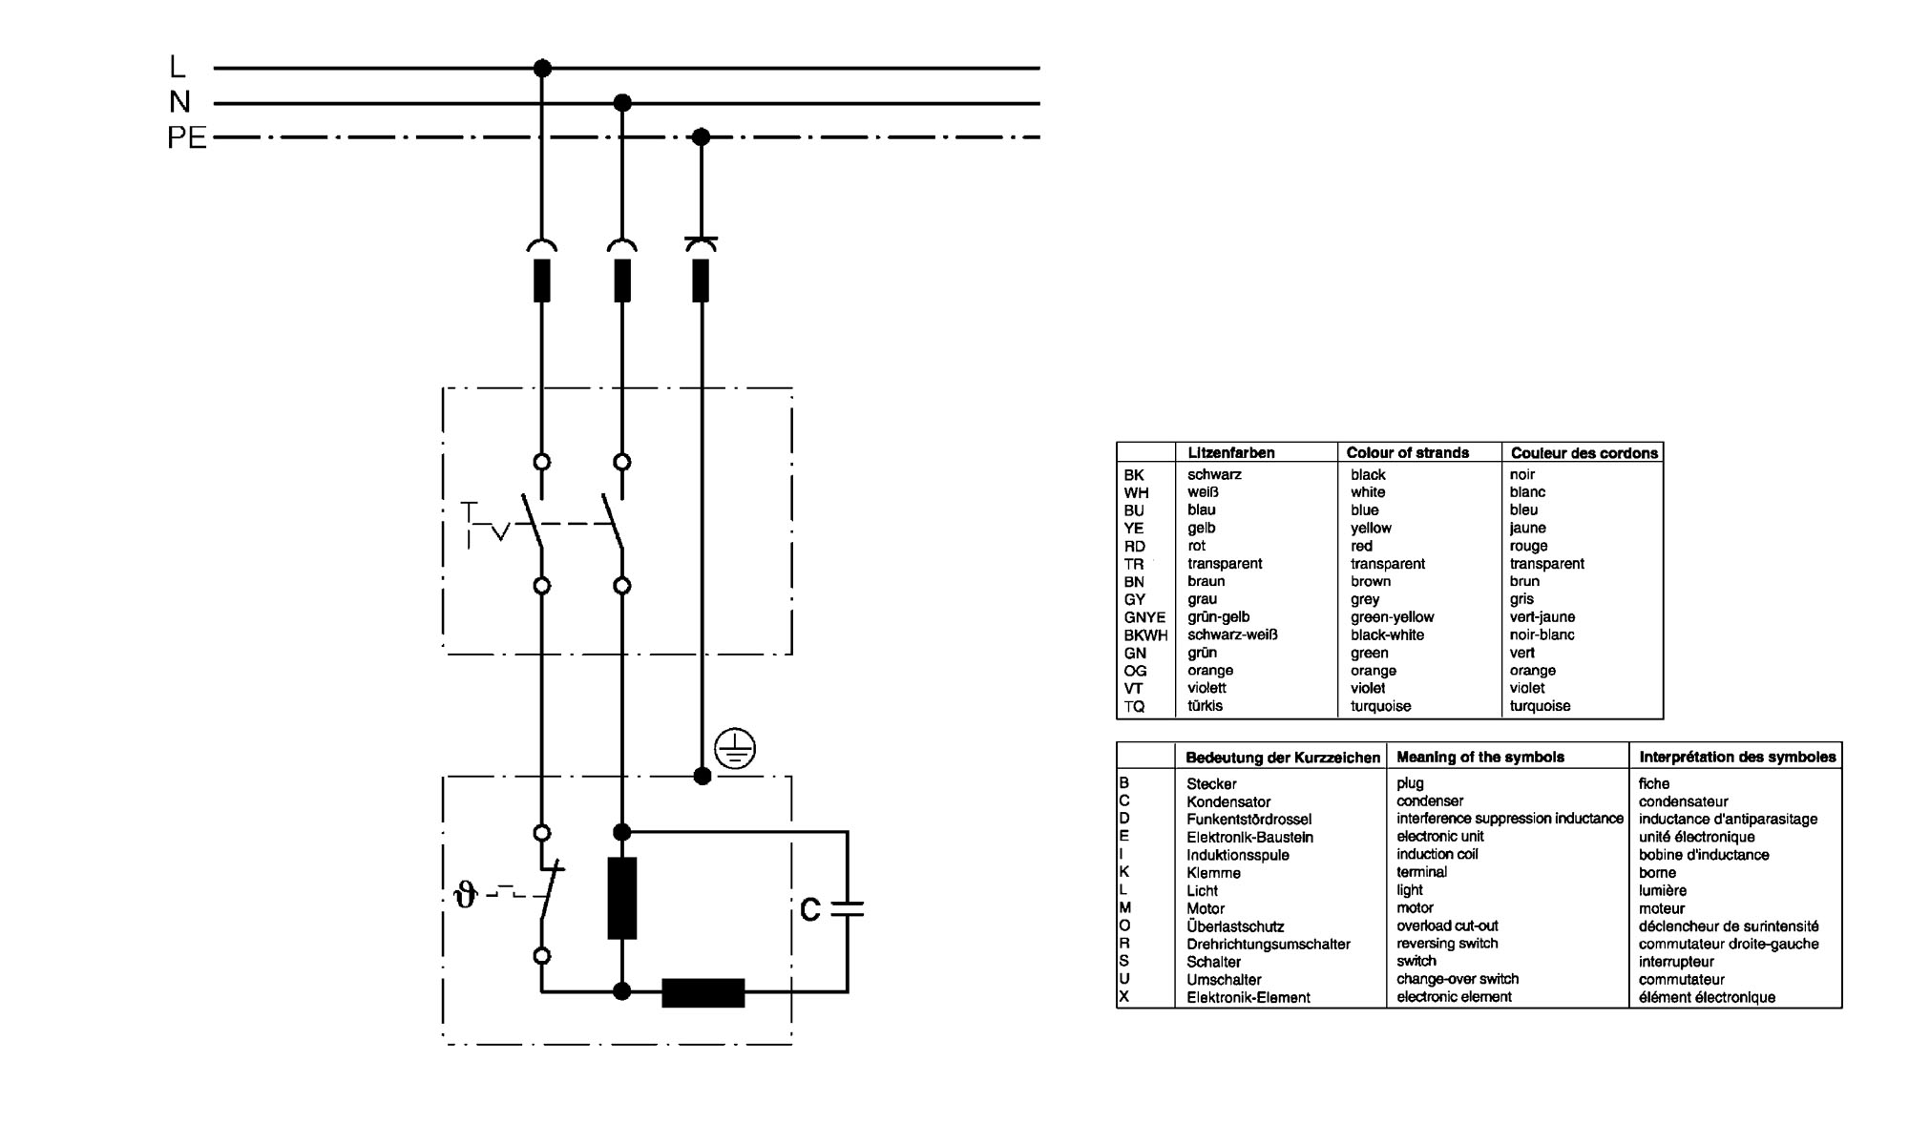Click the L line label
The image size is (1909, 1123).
pyautogui.click(x=177, y=67)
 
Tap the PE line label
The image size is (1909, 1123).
pyautogui.click(x=187, y=138)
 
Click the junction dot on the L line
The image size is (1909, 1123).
pyautogui.click(x=542, y=68)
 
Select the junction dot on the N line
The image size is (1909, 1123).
pyautogui.click(x=622, y=102)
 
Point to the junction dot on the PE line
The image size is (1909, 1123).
pyautogui.click(x=701, y=137)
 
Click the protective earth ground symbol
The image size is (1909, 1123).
pyautogui.click(x=735, y=749)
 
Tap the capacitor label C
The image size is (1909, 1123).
pyautogui.click(x=810, y=910)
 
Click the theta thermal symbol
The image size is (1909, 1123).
pyautogui.click(x=466, y=895)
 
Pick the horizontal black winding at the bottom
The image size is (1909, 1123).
pyautogui.click(x=703, y=992)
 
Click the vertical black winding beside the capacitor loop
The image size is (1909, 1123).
pyautogui.click(x=622, y=898)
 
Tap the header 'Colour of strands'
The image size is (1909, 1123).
pyautogui.click(x=1408, y=452)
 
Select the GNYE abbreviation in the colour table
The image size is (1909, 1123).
pyautogui.click(x=1144, y=617)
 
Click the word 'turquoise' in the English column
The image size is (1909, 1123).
pyautogui.click(x=1380, y=706)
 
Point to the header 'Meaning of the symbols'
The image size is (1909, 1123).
pyautogui.click(x=1480, y=757)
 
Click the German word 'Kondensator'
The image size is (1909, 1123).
pyautogui.click(x=1228, y=801)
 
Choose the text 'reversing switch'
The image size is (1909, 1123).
pyautogui.click(x=1447, y=944)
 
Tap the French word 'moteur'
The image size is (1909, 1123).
pyautogui.click(x=1662, y=908)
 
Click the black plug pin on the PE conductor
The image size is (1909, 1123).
pyautogui.click(x=701, y=281)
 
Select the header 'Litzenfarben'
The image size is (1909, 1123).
pyautogui.click(x=1231, y=452)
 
